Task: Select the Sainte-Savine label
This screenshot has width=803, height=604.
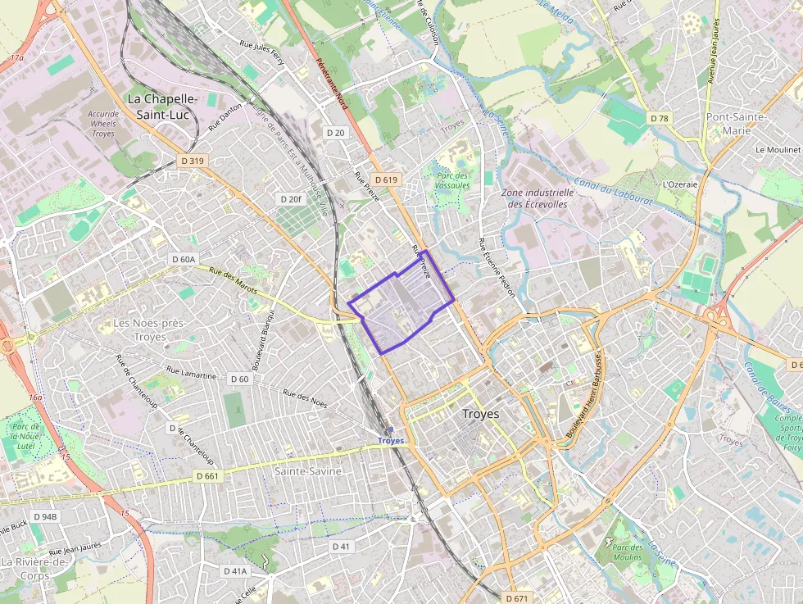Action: (308, 471)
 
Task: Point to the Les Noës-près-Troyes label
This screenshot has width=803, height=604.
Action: (150, 329)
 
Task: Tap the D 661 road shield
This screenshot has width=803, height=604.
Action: (209, 475)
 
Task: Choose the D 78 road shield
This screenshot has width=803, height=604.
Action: (660, 119)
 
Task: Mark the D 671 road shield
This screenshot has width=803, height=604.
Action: (517, 597)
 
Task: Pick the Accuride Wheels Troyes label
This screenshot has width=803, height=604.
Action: (104, 124)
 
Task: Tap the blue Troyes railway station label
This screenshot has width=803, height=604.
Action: (391, 440)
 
